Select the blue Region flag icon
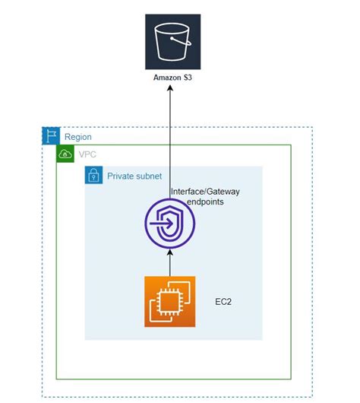(50, 137)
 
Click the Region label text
(78, 137)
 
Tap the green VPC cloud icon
(65, 154)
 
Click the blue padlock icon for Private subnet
(93, 176)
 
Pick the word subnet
(150, 176)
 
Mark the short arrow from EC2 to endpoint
(170, 265)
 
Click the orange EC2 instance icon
(170, 301)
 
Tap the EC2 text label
(225, 302)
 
